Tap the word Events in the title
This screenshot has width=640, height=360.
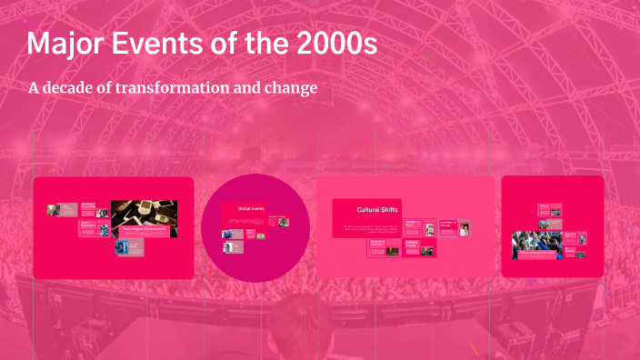(x=158, y=45)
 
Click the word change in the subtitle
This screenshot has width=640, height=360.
(x=292, y=89)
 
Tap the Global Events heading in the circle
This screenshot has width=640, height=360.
(x=249, y=208)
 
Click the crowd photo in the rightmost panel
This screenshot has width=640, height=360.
(x=535, y=243)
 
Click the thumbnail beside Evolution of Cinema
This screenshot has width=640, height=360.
(x=465, y=229)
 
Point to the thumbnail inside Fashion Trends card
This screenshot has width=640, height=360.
(x=428, y=252)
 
